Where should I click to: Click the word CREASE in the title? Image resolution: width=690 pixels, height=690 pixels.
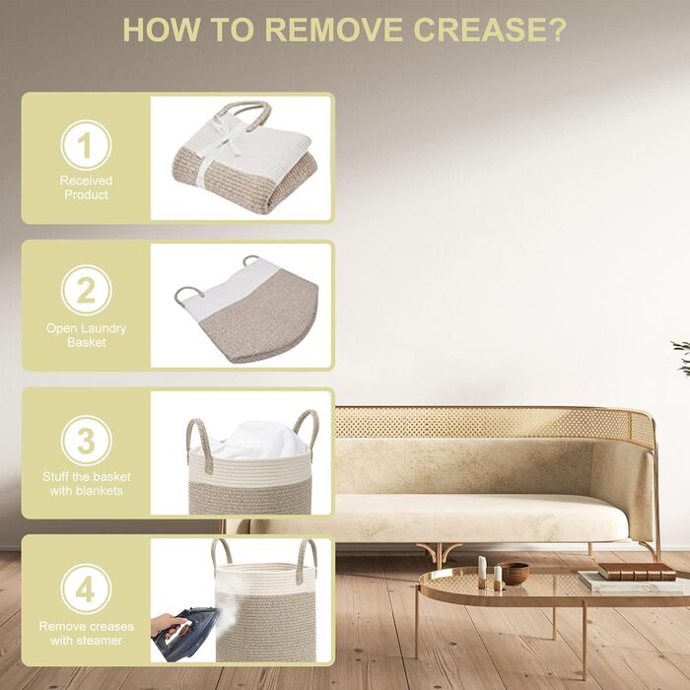click(x=490, y=30)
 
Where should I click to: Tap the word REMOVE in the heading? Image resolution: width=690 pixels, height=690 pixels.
click(x=333, y=30)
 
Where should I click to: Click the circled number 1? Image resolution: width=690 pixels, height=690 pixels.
click(x=86, y=145)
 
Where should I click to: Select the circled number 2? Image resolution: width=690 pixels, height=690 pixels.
click(x=87, y=290)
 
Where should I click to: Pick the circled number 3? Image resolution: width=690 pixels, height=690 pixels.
click(x=87, y=441)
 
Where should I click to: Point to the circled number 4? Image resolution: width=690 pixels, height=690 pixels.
click(x=87, y=588)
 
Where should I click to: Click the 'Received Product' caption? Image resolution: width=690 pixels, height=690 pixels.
click(x=87, y=187)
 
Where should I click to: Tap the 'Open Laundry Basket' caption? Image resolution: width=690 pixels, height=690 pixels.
click(x=87, y=335)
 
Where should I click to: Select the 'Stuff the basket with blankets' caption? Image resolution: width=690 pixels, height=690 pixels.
click(x=87, y=484)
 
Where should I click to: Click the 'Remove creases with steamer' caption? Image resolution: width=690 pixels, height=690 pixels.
click(x=87, y=633)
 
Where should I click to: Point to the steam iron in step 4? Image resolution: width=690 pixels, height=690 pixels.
click(x=185, y=634)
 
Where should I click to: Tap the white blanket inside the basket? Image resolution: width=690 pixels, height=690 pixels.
click(x=257, y=440)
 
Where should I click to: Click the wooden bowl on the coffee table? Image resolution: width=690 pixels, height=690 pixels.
click(x=514, y=574)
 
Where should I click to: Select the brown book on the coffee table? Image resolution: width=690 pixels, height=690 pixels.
click(x=637, y=572)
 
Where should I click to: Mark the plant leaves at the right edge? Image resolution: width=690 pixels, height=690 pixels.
click(x=681, y=357)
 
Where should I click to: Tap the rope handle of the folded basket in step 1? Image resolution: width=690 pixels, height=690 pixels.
click(x=243, y=114)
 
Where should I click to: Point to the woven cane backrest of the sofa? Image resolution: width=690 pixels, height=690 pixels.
click(x=493, y=423)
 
